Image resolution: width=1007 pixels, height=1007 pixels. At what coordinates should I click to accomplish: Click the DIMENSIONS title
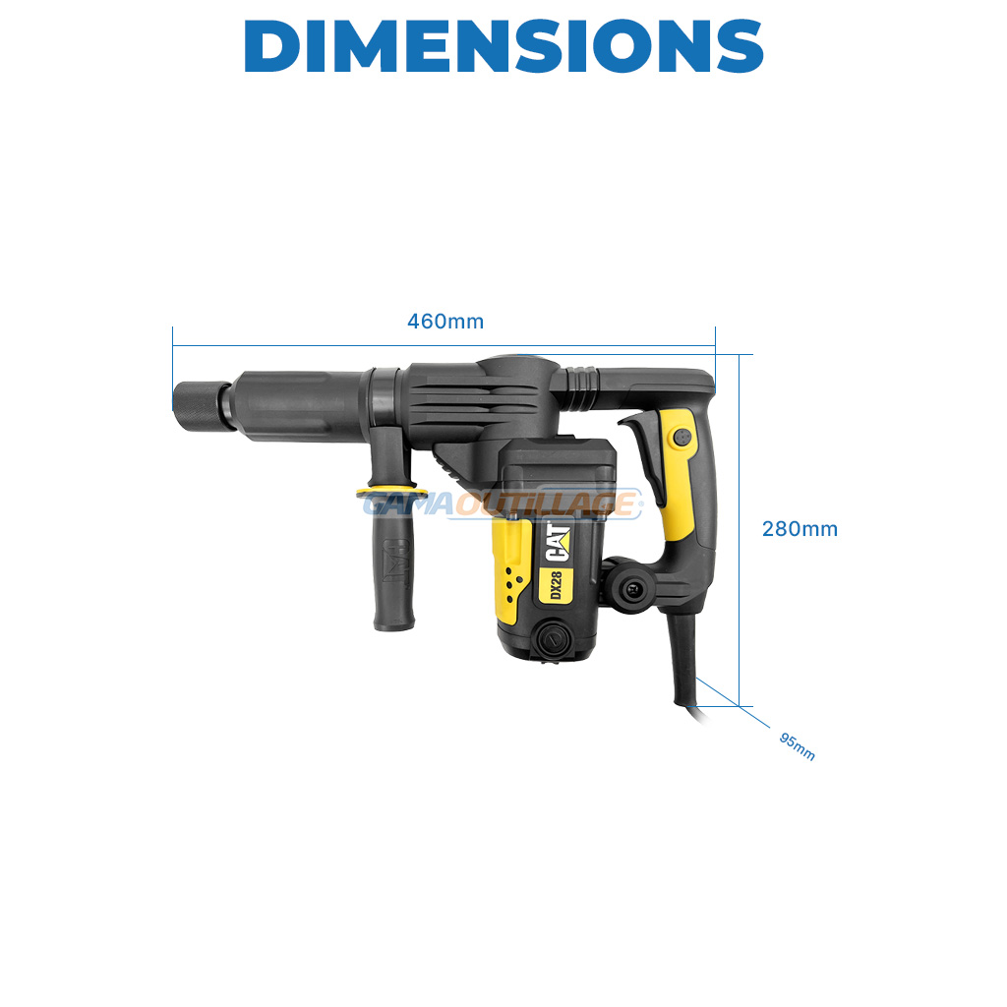click(x=503, y=45)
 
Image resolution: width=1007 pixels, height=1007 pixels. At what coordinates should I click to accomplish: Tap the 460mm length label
click(x=445, y=322)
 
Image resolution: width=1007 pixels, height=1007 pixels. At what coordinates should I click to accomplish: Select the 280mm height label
click(x=800, y=528)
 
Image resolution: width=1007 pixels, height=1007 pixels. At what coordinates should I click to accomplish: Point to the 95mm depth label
click(x=797, y=746)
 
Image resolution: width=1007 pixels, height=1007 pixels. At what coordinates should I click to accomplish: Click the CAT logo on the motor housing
click(x=558, y=543)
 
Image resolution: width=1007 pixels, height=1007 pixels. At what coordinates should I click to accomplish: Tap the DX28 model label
click(x=557, y=585)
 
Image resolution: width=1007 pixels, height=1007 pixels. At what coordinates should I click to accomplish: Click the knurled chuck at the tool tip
click(x=201, y=406)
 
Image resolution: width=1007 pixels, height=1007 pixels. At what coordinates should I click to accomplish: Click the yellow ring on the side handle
click(x=391, y=494)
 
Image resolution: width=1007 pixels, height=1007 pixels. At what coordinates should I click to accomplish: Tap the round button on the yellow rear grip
click(x=681, y=438)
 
